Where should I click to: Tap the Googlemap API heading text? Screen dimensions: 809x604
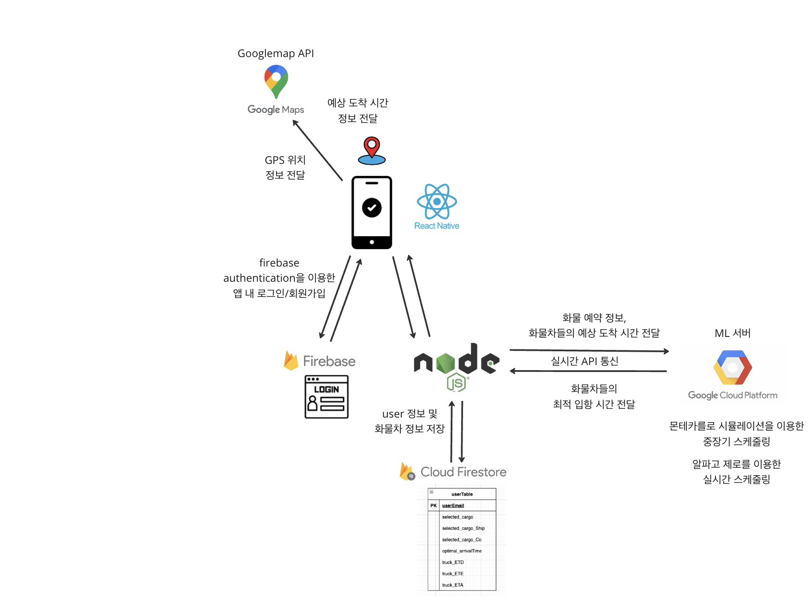coord(276,53)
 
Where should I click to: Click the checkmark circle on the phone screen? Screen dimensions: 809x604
coord(372,208)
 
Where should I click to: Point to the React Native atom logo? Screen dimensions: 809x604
coord(437,201)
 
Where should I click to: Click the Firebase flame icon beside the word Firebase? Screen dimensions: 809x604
coord(291,360)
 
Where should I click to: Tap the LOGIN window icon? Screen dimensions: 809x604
coord(327,397)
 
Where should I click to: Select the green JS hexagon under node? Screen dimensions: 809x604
coord(456,382)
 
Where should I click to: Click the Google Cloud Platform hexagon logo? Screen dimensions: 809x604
coord(733,367)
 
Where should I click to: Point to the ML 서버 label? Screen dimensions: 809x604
coord(733,333)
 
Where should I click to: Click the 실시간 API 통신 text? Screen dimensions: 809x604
coord(585,361)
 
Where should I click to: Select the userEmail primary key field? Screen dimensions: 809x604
coord(453,505)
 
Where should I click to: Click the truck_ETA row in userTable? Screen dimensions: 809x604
coord(452,585)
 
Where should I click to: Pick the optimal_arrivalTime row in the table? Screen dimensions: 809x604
coord(462,551)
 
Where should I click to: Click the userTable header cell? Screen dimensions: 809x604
coord(462,494)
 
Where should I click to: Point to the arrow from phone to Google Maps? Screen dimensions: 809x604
coord(317,150)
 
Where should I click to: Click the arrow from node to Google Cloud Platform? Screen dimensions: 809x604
coord(589,351)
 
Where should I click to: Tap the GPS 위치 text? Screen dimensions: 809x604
coord(285,160)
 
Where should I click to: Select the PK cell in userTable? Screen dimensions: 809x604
coord(434,505)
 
